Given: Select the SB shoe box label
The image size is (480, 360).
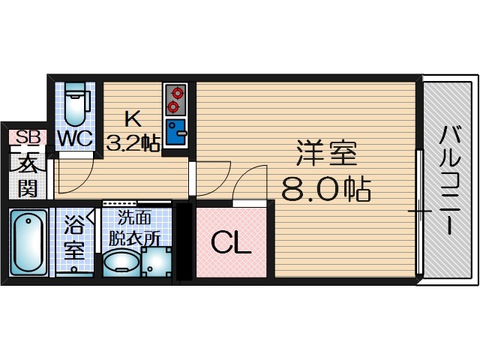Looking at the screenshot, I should (28, 136).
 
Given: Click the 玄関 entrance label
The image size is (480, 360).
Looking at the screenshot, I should (28, 175).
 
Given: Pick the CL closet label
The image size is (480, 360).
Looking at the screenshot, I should (230, 243).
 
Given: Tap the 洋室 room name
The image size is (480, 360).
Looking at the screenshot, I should (325, 155).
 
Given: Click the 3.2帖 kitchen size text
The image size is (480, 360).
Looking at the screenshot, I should (133, 142).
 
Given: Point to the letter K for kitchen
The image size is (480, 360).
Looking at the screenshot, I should (132, 118).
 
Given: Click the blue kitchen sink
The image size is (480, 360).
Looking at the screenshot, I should (176, 133).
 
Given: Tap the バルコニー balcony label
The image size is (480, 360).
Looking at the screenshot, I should (451, 181).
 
